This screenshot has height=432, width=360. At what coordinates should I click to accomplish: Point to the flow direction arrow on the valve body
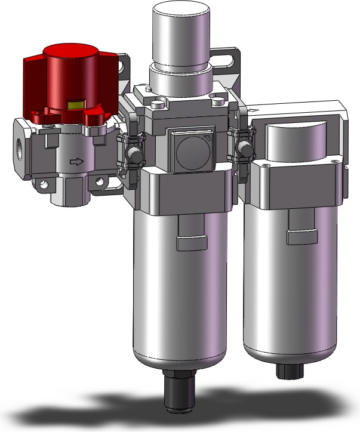[76, 161]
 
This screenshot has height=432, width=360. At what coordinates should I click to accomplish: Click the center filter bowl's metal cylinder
[179, 298]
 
